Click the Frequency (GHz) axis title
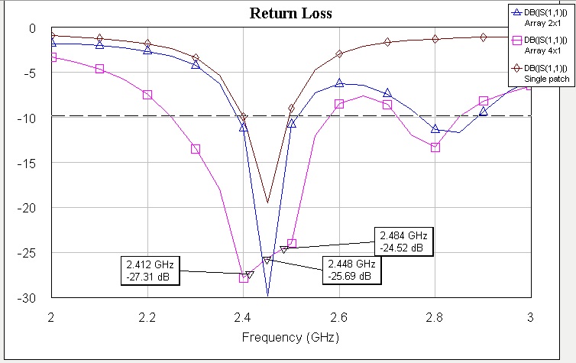(291, 337)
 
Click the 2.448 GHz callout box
(348, 271)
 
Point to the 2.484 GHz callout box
(403, 241)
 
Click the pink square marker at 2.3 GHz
(196, 149)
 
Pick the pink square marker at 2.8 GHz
(435, 147)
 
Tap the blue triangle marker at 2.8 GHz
(435, 129)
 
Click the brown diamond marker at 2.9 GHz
(484, 37)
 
